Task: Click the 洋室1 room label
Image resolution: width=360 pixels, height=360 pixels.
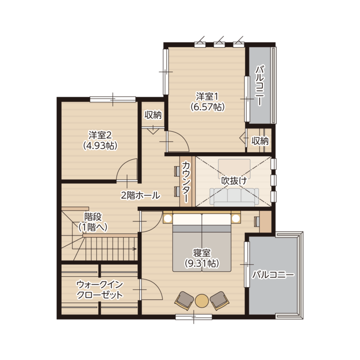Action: (x=207, y=102)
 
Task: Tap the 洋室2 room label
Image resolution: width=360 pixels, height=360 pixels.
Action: (x=100, y=140)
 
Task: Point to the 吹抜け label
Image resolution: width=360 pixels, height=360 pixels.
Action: (x=234, y=181)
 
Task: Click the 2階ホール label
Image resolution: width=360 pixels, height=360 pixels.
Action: (x=140, y=196)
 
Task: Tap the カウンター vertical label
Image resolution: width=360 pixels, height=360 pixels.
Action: (x=186, y=181)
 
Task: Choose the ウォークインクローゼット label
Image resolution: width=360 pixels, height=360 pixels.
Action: (x=99, y=290)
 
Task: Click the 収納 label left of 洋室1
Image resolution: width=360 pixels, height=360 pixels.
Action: (x=153, y=115)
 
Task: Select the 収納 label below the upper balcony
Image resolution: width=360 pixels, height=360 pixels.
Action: (x=260, y=141)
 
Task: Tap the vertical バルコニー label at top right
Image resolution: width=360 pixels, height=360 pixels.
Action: (x=260, y=85)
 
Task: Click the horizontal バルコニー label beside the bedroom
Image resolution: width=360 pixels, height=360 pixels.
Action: (x=273, y=274)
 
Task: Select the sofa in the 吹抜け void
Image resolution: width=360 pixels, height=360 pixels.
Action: (x=234, y=197)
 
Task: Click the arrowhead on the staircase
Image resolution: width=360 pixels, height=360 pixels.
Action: (x=135, y=249)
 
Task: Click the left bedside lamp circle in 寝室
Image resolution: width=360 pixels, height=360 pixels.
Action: (x=168, y=218)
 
